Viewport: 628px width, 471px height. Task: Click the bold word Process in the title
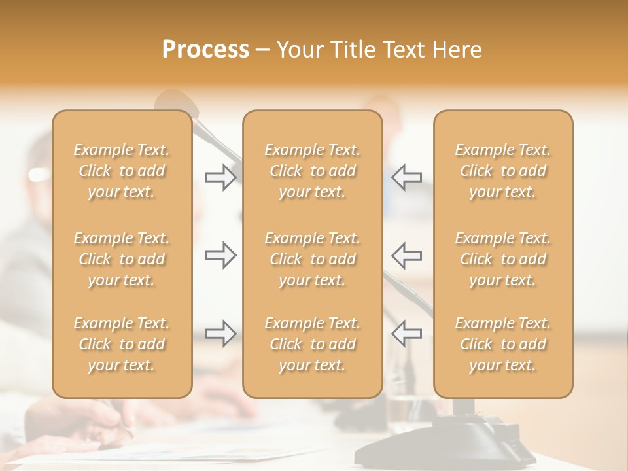pyautogui.click(x=205, y=50)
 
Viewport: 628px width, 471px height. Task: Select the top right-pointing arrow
pyautogui.click(x=220, y=177)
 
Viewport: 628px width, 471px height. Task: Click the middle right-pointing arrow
pyautogui.click(x=220, y=255)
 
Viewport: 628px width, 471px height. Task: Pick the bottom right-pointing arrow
pyautogui.click(x=220, y=334)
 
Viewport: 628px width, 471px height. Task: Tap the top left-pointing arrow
pyautogui.click(x=406, y=177)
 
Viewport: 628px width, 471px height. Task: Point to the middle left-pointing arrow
pyautogui.click(x=406, y=255)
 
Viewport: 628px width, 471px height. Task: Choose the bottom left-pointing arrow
pyautogui.click(x=406, y=334)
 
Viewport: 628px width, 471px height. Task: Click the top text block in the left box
pyautogui.click(x=122, y=171)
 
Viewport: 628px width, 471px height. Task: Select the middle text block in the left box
pyautogui.click(x=122, y=259)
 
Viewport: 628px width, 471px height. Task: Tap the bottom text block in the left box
pyautogui.click(x=122, y=344)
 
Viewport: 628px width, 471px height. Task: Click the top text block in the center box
pyautogui.click(x=313, y=171)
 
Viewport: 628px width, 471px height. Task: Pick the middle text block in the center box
pyautogui.click(x=313, y=259)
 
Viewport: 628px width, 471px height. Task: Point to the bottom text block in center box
pyautogui.click(x=313, y=344)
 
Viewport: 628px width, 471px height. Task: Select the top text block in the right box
pyautogui.click(x=503, y=171)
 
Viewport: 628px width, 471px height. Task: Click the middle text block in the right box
pyautogui.click(x=503, y=259)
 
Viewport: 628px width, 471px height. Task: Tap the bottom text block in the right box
pyautogui.click(x=503, y=344)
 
